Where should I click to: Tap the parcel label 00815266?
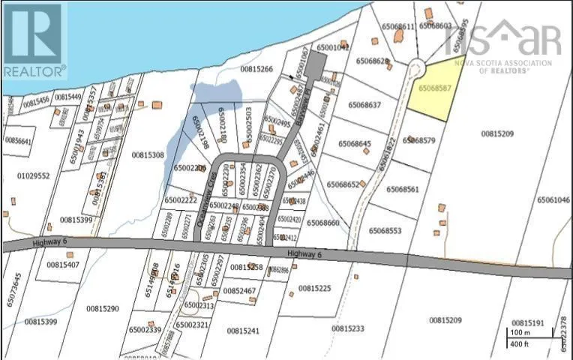coord(256,69)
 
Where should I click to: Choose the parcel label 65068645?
coord(354,143)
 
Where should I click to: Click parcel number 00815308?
coord(148,155)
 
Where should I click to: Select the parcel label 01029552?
coord(33,175)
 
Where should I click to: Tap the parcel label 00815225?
coord(314,288)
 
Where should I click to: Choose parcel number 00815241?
coord(243,330)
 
